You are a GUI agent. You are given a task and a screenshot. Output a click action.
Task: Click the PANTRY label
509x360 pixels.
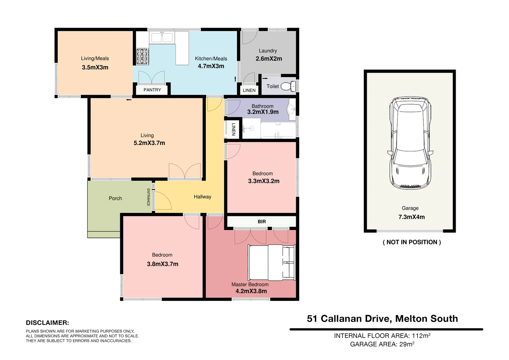[x=152, y=90]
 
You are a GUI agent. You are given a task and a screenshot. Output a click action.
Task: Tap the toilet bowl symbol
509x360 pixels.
[x=287, y=87]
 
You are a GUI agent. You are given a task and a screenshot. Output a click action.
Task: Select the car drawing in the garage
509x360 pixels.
[x=410, y=143]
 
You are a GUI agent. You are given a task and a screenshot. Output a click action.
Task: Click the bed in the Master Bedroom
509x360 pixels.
[x=271, y=263]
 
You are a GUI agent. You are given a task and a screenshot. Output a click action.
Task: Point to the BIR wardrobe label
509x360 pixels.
[x=262, y=222]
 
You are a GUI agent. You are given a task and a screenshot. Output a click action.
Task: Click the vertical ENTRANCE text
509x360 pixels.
[x=149, y=197]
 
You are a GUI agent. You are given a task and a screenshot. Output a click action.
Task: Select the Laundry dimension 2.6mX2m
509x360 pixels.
[x=268, y=59]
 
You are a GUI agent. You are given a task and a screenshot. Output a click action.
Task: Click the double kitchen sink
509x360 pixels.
[x=162, y=38]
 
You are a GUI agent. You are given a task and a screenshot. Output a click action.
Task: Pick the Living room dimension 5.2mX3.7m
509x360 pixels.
[x=149, y=143]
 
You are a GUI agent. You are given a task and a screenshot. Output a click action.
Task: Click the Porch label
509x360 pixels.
[x=115, y=198]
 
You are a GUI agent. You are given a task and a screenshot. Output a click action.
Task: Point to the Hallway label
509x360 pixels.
[x=203, y=197]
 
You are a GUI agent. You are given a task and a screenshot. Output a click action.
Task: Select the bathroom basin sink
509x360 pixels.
[x=291, y=108]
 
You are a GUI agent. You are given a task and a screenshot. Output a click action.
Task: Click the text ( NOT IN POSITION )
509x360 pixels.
[x=412, y=242]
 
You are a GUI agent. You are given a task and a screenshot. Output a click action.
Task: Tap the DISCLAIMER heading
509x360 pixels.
[x=47, y=323]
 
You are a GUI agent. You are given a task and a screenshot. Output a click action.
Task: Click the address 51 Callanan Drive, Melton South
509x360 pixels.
[x=382, y=319]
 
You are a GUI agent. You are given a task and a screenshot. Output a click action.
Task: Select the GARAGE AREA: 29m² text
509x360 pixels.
[x=382, y=344]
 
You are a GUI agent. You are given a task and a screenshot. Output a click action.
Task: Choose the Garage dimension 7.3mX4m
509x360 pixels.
[x=411, y=217]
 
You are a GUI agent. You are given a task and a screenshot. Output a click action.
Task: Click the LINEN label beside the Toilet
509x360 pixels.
[x=249, y=90]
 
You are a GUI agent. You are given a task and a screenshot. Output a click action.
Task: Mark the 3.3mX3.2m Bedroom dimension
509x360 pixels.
[x=263, y=181]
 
